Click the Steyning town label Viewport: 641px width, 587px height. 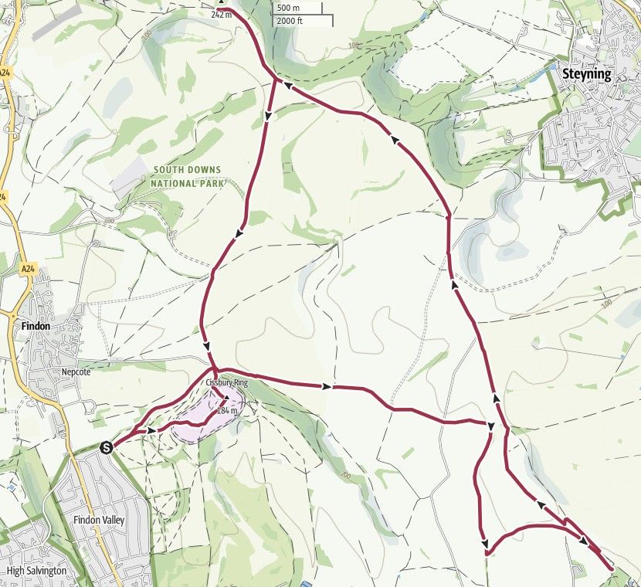[586, 75]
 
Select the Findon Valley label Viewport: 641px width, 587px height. [98, 521]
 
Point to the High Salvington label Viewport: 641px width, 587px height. [36, 571]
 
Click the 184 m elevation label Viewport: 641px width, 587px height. [226, 411]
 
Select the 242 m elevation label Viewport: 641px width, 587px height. [222, 14]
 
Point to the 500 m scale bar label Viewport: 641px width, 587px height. [290, 8]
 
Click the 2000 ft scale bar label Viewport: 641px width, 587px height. [290, 21]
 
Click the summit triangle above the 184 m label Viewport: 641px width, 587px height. [226, 399]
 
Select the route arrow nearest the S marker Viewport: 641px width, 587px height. [152, 429]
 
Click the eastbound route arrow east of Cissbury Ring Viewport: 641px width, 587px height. [330, 385]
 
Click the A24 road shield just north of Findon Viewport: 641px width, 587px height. [29, 269]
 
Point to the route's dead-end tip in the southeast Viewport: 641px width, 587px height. [612, 569]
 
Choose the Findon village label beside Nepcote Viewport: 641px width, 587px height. [36, 327]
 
